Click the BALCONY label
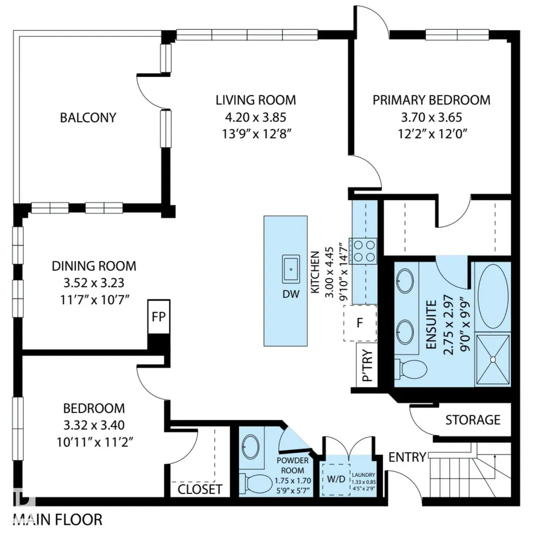click(88, 117)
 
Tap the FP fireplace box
click(159, 317)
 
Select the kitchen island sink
click(291, 269)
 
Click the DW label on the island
click(291, 294)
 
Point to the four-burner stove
click(363, 251)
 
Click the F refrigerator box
click(360, 323)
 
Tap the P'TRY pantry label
click(367, 365)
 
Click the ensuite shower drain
click(493, 359)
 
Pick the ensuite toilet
click(410, 370)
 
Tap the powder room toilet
click(256, 485)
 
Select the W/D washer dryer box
click(336, 479)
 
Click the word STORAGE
click(473, 420)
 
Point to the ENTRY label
click(407, 457)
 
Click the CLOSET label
click(199, 489)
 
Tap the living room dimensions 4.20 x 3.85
click(256, 117)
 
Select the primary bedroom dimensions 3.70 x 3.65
click(431, 117)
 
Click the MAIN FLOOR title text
click(58, 520)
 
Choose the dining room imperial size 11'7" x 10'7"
click(94, 300)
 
